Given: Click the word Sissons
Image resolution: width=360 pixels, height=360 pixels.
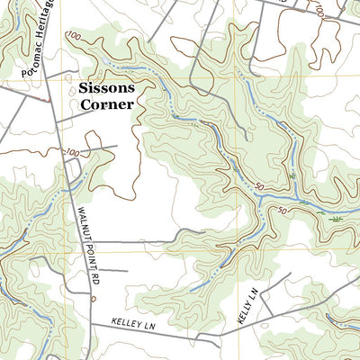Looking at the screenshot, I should pyautogui.click(x=107, y=88).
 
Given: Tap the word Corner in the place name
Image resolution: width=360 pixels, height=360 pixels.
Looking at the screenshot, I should pyautogui.click(x=107, y=103).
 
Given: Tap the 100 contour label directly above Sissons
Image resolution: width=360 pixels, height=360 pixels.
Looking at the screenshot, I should pyautogui.click(x=73, y=36).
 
